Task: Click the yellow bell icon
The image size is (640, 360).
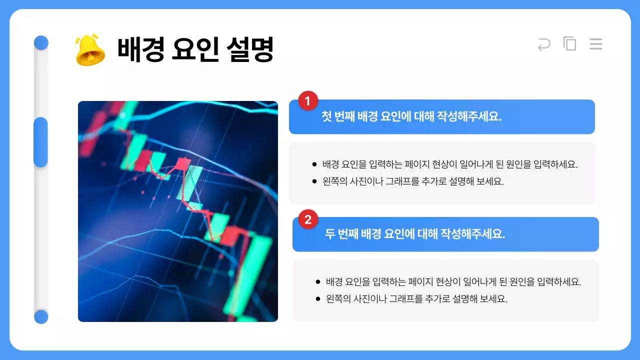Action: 90,49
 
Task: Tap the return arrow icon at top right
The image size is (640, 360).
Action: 544,44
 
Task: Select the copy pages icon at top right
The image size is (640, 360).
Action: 569,44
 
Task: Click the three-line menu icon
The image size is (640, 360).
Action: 595,44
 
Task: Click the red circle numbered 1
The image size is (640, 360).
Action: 308,101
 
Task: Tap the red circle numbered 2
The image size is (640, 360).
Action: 308,219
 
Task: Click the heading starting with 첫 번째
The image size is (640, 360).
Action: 411,117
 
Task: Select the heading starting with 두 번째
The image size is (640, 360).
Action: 415,234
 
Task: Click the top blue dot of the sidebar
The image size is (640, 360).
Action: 41,42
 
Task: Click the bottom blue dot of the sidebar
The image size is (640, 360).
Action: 41,316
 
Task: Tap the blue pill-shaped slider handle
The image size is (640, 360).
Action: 40,142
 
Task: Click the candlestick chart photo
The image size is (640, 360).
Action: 177,211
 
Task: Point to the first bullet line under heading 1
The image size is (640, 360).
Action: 450,164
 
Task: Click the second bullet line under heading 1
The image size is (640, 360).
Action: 413,181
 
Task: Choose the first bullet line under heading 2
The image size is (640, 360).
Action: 453,281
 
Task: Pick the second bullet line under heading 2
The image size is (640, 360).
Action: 416,299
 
